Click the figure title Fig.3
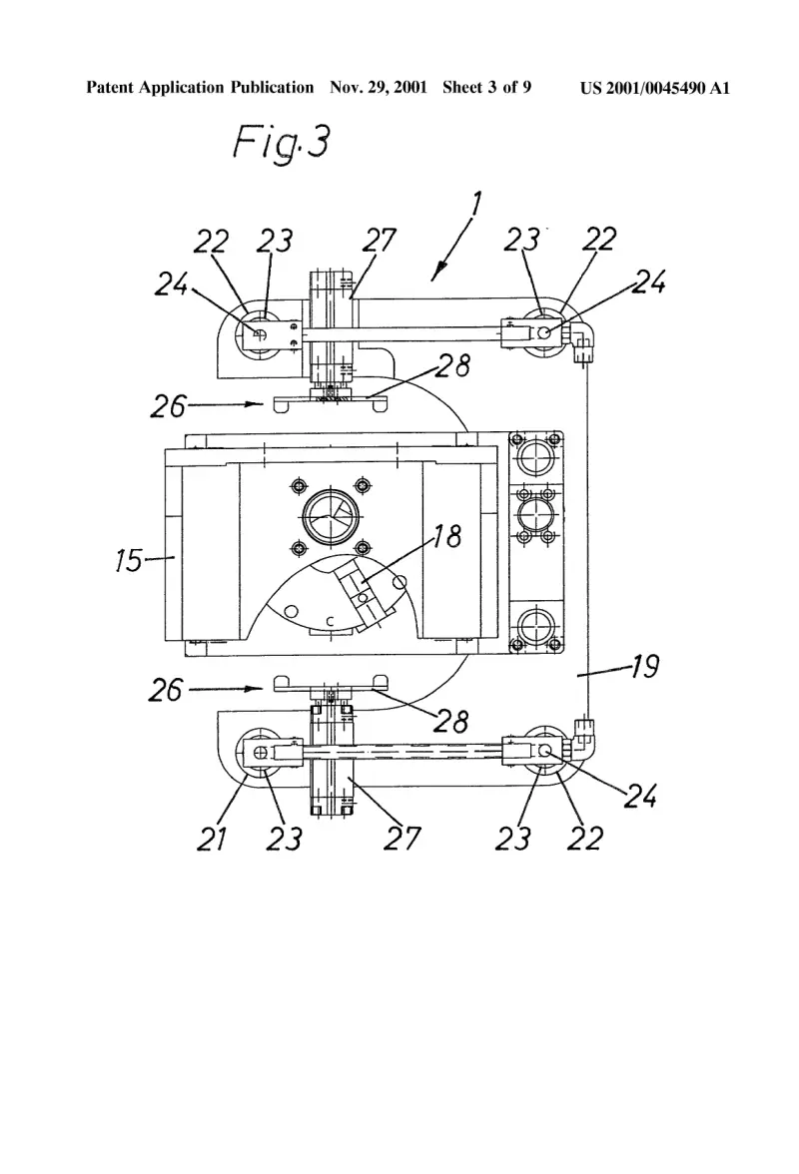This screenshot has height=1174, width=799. click(x=281, y=142)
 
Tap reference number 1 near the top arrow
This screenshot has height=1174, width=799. click(x=475, y=206)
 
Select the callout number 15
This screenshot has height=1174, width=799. click(x=128, y=560)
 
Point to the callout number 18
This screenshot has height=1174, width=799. click(x=447, y=536)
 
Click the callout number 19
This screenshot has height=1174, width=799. click(x=644, y=666)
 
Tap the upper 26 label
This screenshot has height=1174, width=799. click(x=169, y=405)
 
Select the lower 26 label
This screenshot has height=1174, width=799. click(x=166, y=690)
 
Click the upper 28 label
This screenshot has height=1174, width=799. click(x=453, y=365)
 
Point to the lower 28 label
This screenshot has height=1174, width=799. click(x=450, y=721)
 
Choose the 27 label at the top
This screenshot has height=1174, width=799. click(x=379, y=241)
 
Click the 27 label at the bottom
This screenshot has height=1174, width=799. click(x=402, y=838)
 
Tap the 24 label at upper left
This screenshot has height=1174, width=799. click(x=172, y=284)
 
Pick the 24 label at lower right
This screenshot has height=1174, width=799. click(x=641, y=797)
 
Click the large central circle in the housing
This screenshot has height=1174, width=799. click(x=332, y=516)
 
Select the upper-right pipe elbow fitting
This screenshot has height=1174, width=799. click(x=582, y=339)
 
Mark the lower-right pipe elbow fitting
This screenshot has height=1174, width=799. click(x=582, y=739)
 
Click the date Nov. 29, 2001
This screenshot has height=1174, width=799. click(x=379, y=88)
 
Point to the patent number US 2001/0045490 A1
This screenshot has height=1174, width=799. click(x=654, y=88)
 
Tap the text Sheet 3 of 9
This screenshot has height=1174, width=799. click(x=486, y=88)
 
